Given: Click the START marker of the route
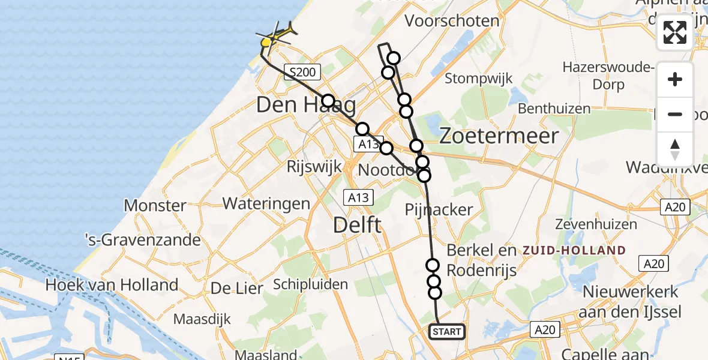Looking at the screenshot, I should [x=447, y=332].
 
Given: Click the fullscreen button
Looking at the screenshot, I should [x=675, y=32].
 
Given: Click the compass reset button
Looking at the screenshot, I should [x=675, y=149].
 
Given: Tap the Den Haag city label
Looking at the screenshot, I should [x=305, y=106].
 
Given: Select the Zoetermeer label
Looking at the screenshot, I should [x=499, y=136].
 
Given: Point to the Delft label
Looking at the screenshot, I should [x=358, y=226].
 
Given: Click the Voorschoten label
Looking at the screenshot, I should [x=452, y=21].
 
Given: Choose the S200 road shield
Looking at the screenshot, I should [x=302, y=73].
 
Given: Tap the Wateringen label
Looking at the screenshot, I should [x=266, y=203].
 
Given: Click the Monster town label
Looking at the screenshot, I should [x=155, y=206].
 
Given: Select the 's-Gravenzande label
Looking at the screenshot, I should [x=142, y=241].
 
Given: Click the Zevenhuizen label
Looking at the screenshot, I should [x=587, y=224].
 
